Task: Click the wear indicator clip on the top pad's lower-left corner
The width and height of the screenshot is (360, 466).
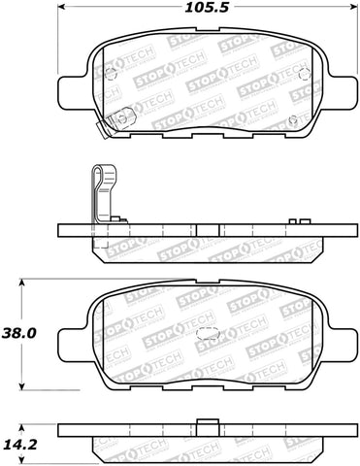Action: pyautogui.click(x=120, y=119)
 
